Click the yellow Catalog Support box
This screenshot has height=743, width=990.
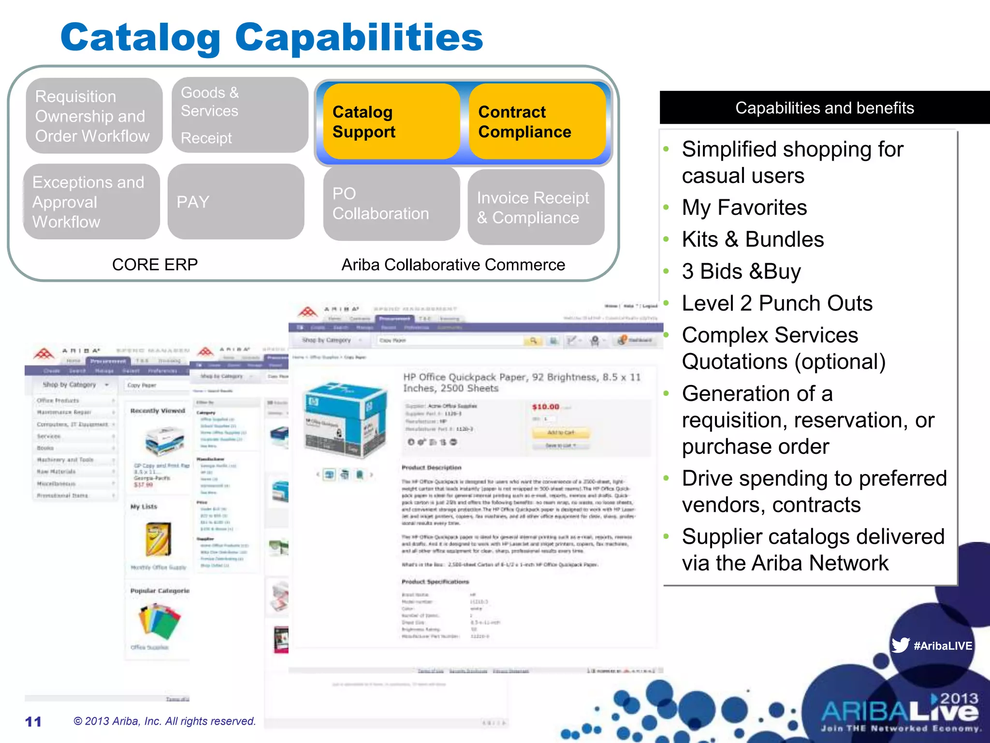coord(391,121)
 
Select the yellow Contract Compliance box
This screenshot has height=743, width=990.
coord(537,121)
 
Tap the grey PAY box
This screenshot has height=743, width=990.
coord(236,202)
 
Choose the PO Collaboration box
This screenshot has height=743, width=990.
coord(391,204)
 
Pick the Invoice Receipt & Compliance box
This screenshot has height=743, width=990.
coord(536,208)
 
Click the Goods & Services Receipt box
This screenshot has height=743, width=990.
coord(240,115)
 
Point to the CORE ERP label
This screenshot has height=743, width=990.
coord(155,265)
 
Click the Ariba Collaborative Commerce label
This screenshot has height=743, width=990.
coord(453,265)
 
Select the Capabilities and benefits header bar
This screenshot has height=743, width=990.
coord(824,108)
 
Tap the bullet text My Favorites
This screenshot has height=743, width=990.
coord(744,208)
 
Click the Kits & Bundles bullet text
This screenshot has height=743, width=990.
coord(753,239)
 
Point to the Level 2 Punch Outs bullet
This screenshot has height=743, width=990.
coord(777,303)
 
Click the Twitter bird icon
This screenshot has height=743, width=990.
coord(900,645)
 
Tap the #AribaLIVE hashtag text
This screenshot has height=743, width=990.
coord(943,646)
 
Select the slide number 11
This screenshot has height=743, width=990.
coord(33,722)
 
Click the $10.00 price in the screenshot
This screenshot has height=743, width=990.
coord(545,407)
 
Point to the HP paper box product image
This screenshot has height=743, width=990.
coord(345,418)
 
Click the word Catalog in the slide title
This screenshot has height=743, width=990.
coord(140,37)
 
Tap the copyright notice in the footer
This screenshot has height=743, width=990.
coord(164,721)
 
